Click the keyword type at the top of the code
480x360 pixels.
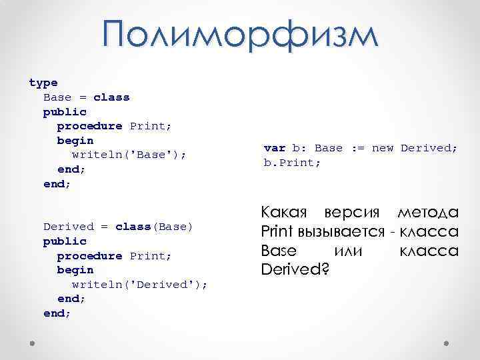(x=43, y=83)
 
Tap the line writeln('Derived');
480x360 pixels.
(x=139, y=285)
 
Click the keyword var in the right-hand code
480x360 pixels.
(x=275, y=148)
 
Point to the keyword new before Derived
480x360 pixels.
(x=383, y=148)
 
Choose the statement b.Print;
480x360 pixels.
(x=293, y=162)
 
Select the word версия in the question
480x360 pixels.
(x=351, y=213)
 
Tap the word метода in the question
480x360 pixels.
(x=427, y=213)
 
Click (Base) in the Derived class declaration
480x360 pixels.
(x=173, y=227)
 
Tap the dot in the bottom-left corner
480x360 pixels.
(x=33, y=343)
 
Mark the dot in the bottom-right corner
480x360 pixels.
(x=446, y=343)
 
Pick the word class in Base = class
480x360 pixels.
(x=111, y=97)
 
